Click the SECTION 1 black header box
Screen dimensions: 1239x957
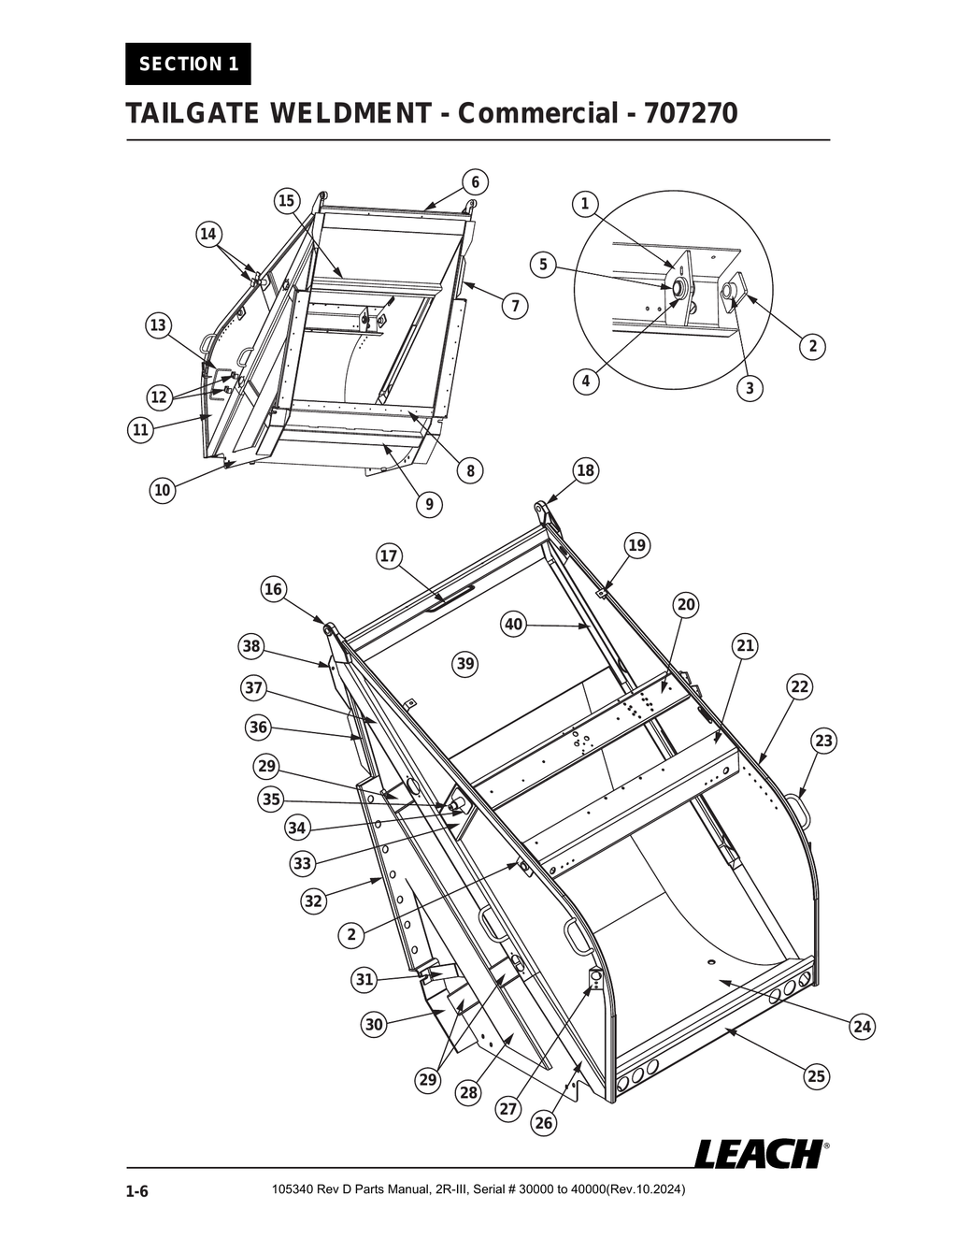[x=188, y=65]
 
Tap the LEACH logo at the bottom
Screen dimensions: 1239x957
[x=759, y=1153]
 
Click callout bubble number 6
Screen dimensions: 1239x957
[x=475, y=181]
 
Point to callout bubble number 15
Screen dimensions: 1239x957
[x=286, y=200]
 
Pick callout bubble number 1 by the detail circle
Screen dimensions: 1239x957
[x=585, y=204]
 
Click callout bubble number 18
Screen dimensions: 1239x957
[x=585, y=470]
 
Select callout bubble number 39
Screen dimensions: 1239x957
[x=464, y=664]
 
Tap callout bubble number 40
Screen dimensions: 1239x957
[x=513, y=625]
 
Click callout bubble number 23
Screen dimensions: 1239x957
[x=822, y=742]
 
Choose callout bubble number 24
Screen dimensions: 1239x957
[x=863, y=1028]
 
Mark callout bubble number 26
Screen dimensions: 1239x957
[x=543, y=1123]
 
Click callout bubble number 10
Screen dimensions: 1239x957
[x=163, y=489]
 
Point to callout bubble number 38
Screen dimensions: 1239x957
[x=250, y=646]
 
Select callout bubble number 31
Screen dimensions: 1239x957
[x=364, y=979]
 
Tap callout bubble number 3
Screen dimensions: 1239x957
[x=750, y=388]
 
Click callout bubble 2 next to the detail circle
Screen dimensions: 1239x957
[x=813, y=346]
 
